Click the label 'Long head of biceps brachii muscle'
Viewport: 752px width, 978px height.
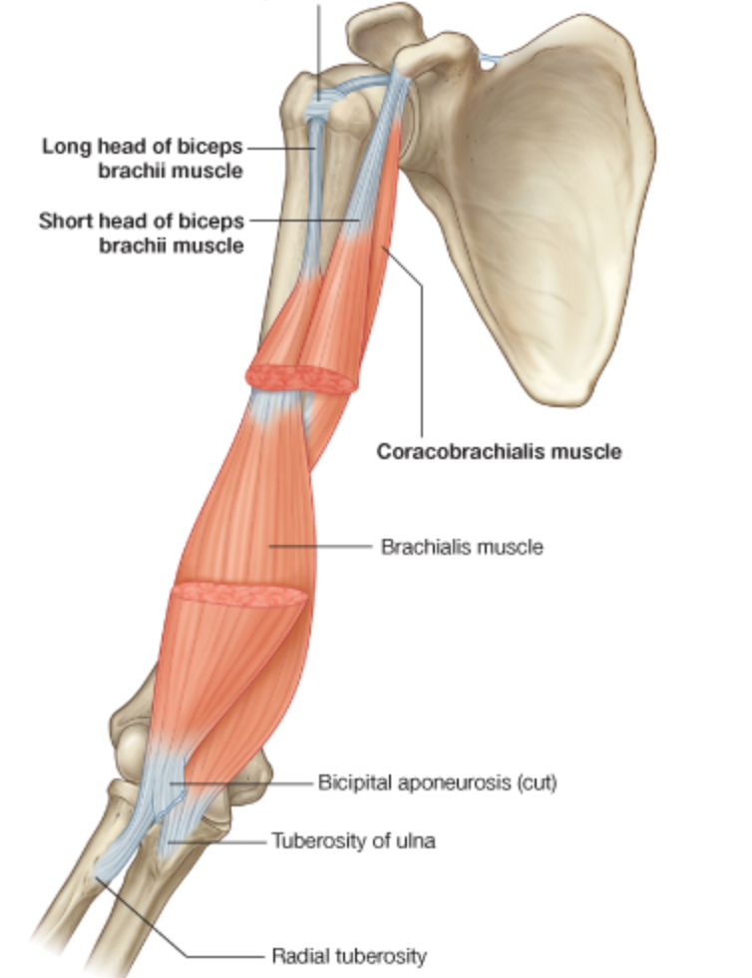(x=143, y=158)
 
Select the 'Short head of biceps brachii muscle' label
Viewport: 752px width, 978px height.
(x=142, y=232)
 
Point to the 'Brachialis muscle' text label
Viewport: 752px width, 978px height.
(x=462, y=547)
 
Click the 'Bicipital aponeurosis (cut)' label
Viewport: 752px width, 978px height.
(x=437, y=782)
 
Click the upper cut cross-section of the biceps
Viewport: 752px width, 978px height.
(x=300, y=378)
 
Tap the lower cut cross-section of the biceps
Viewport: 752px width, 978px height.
(x=239, y=596)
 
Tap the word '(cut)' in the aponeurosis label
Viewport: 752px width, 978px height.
(x=535, y=782)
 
